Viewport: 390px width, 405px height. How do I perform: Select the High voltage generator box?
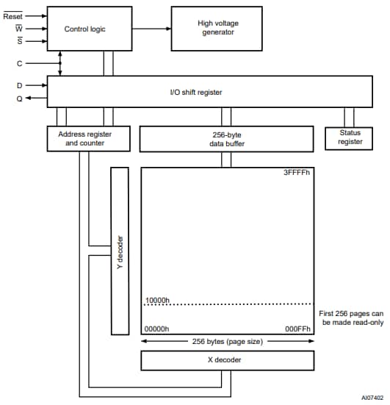[217, 29]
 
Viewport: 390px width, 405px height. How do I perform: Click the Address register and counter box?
[89, 138]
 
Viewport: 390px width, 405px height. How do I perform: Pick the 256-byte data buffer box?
[226, 139]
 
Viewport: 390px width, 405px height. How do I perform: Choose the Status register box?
[350, 137]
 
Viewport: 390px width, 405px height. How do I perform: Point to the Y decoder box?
[119, 250]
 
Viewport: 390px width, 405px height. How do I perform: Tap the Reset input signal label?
[13, 15]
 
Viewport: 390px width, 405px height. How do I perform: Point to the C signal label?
[20, 64]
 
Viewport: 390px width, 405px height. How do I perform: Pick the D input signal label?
[20, 85]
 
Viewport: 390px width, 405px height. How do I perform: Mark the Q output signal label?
[20, 99]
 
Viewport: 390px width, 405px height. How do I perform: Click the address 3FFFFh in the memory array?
[296, 173]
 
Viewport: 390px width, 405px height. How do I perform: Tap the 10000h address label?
[158, 299]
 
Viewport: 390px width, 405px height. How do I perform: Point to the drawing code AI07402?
[372, 398]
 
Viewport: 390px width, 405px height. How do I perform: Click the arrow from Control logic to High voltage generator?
[151, 29]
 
